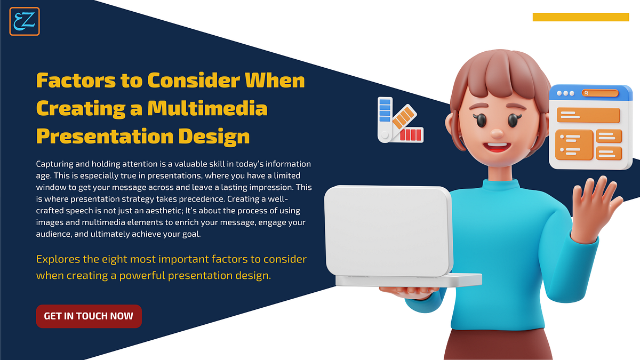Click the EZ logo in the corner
click(x=25, y=21)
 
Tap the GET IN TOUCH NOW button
click(x=89, y=316)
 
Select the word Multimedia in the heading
click(x=207, y=108)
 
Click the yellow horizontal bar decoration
click(x=580, y=17)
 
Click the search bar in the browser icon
click(x=600, y=93)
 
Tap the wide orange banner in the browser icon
click(x=588, y=115)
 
